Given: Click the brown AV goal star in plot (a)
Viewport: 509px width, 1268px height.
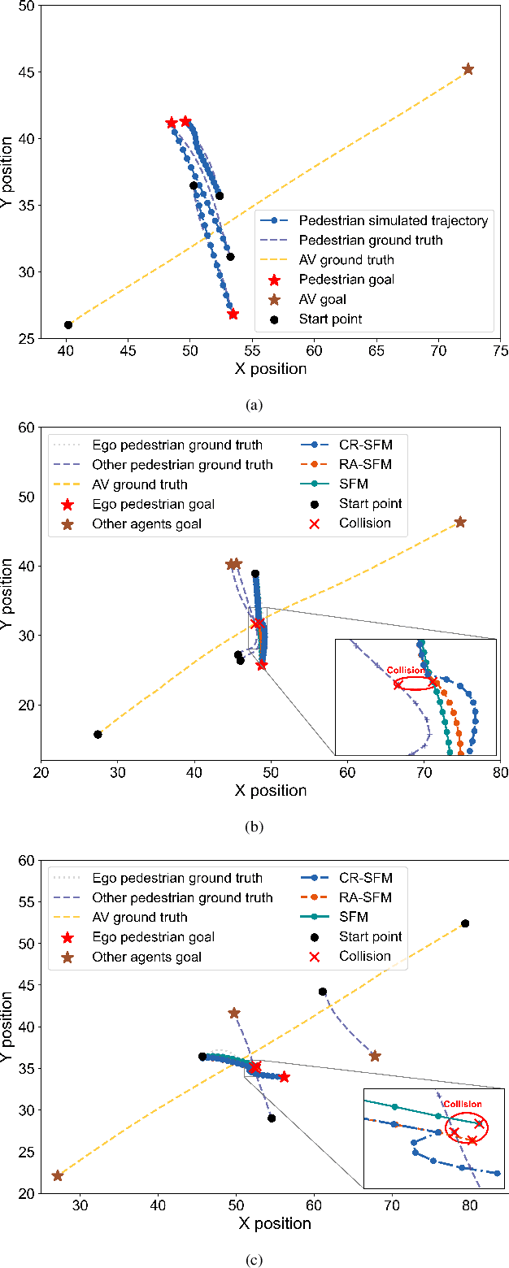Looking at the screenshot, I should point(468,69).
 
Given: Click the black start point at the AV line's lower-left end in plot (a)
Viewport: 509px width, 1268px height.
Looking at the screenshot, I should point(68,325).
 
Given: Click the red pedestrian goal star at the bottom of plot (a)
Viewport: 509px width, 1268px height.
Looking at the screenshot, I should point(233,314).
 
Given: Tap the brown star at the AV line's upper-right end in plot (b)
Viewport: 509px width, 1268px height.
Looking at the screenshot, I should point(460,522).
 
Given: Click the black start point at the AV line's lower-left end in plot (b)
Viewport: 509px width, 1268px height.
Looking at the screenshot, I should point(98,734).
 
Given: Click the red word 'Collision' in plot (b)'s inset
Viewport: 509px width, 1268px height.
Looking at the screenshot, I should point(405,671).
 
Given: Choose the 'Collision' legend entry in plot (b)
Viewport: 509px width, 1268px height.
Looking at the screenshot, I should point(365,523).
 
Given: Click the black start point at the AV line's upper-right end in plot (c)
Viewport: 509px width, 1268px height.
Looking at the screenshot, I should point(465,923).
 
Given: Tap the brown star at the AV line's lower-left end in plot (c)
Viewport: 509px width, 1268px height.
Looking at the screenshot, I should point(58,1175).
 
